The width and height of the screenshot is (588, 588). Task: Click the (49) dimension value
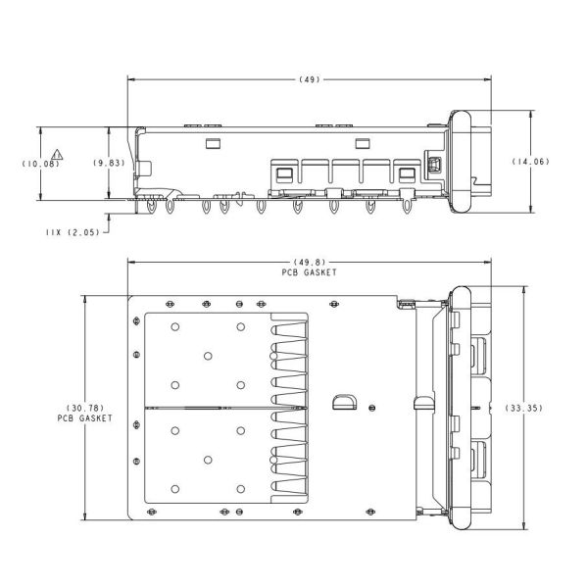tap(310, 79)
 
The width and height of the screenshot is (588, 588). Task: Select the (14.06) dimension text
tap(530, 162)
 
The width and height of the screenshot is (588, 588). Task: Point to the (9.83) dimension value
tap(109, 163)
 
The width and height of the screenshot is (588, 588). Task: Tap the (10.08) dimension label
tap(40, 164)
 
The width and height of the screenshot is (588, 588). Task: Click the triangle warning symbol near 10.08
tap(57, 155)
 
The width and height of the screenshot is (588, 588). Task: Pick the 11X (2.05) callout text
tap(73, 232)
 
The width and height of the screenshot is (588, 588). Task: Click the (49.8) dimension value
tap(310, 262)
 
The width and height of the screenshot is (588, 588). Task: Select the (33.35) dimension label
tap(523, 408)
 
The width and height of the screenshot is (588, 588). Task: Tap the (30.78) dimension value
tap(85, 408)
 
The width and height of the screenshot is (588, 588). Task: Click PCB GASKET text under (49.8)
tap(310, 272)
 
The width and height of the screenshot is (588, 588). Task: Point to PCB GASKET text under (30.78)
tap(85, 418)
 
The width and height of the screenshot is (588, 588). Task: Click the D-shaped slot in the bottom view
tap(345, 402)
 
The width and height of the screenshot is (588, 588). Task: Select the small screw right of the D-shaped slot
tap(372, 408)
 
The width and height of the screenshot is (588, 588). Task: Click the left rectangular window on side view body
tap(213, 144)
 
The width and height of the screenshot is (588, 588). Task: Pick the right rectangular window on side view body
tap(363, 144)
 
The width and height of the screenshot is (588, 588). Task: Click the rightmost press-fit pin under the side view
tap(407, 206)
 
